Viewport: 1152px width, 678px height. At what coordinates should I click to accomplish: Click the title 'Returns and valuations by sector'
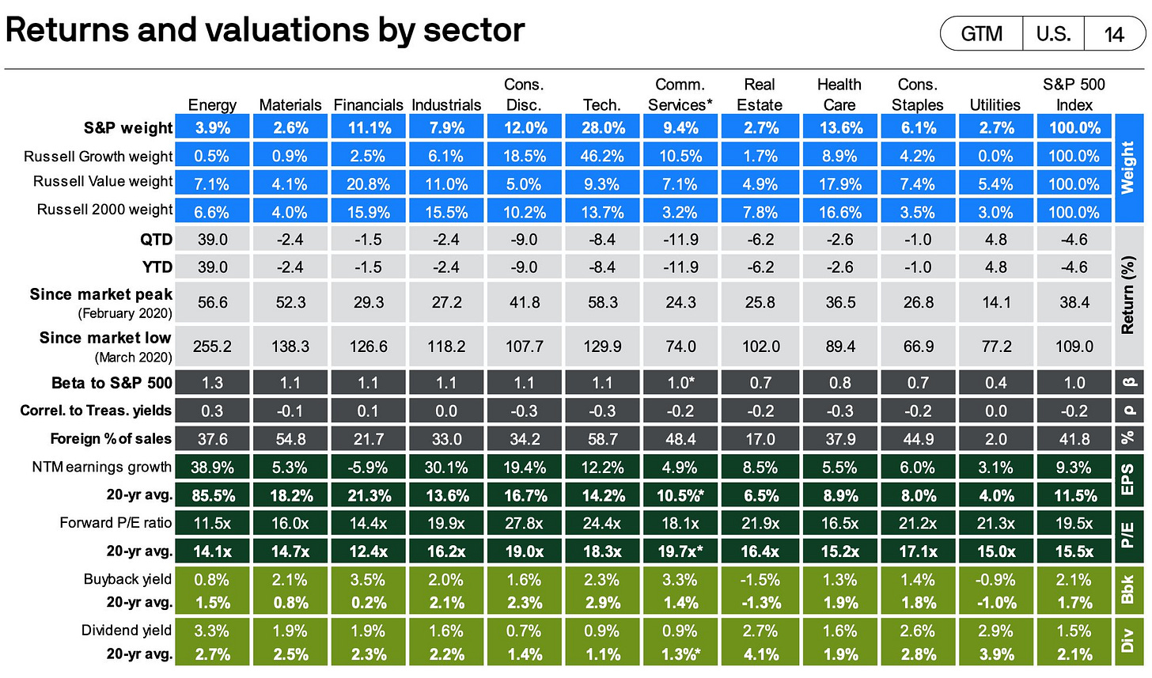tap(264, 30)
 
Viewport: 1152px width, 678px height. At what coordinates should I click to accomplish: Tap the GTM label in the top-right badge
tap(981, 34)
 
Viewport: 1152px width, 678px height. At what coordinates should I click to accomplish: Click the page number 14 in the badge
tap(1114, 34)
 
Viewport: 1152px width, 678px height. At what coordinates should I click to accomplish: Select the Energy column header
tap(212, 104)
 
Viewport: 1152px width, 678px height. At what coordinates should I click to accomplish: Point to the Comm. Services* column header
tap(680, 95)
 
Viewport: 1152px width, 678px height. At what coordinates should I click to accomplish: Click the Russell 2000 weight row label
tap(104, 210)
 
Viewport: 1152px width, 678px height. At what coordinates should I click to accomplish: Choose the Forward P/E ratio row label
tap(116, 522)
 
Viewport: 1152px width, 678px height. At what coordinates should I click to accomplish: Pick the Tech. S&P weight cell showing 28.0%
tap(603, 127)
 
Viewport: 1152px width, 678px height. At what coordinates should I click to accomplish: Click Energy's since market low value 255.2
tap(212, 347)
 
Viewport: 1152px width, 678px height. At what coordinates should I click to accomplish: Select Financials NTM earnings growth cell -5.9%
tap(368, 468)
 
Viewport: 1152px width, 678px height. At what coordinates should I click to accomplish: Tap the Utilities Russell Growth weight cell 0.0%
tap(995, 156)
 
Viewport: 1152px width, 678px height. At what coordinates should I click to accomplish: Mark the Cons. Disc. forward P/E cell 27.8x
tap(524, 523)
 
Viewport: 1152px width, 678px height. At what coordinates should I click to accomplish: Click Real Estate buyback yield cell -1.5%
tap(760, 580)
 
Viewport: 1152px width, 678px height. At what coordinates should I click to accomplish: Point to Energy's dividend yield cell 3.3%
tap(212, 631)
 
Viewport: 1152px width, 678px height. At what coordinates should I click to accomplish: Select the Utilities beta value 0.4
tap(995, 383)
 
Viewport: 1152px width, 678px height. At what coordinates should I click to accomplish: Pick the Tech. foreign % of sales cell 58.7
tap(603, 439)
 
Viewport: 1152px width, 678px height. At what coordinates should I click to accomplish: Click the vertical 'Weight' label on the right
tap(1127, 169)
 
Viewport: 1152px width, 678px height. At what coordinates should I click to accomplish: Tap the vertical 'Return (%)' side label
tap(1127, 294)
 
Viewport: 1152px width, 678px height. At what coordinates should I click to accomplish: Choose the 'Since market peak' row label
tap(100, 294)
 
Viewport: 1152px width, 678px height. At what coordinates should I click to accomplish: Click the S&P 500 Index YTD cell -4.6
tap(1074, 267)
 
